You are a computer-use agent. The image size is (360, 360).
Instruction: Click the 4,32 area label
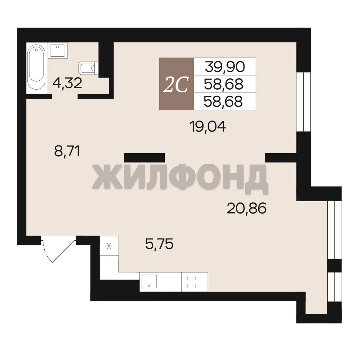[x=67, y=83]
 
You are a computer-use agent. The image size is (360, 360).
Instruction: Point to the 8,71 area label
[x=67, y=151]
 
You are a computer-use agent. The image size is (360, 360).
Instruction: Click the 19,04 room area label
[x=208, y=127]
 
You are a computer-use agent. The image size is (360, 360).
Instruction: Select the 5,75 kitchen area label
[x=159, y=244]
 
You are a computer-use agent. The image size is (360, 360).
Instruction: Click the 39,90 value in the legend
[x=225, y=67]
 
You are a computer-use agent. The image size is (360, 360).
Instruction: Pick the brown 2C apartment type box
[x=177, y=84]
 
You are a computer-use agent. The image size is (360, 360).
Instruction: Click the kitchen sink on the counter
[x=149, y=282]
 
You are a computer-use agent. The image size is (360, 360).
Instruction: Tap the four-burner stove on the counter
[x=191, y=282]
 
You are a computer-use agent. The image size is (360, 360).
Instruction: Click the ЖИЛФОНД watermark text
[x=180, y=176]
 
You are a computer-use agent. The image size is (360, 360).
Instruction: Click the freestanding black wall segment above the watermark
[x=144, y=158]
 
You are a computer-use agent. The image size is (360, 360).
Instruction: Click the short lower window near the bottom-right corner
[x=335, y=287]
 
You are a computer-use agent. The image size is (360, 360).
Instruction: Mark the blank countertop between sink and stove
[x=170, y=282]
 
